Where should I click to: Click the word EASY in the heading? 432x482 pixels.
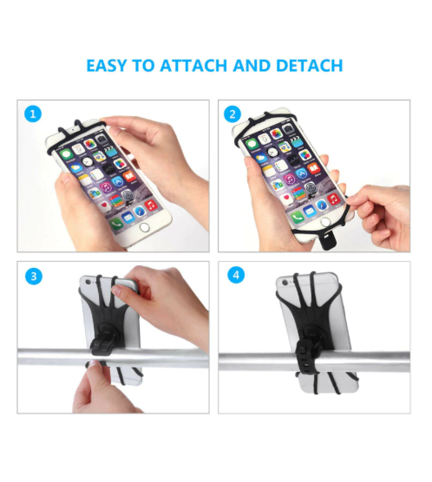(x=107, y=66)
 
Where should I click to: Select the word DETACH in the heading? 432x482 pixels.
(x=309, y=66)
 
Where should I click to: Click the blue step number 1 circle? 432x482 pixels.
(x=33, y=114)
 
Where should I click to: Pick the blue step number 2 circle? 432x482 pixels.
(x=232, y=114)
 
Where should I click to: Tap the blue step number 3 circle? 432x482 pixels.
(x=34, y=276)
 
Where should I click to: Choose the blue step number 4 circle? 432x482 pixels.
(x=236, y=275)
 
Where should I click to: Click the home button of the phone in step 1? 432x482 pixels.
(x=144, y=227)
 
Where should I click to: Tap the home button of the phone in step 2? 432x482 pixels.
(x=324, y=222)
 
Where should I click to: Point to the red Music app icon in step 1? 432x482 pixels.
(x=150, y=205)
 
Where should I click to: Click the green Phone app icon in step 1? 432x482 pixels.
(x=116, y=224)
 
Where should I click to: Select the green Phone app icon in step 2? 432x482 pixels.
(x=297, y=217)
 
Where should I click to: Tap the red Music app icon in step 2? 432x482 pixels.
(x=333, y=199)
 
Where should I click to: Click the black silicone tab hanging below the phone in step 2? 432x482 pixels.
(x=328, y=242)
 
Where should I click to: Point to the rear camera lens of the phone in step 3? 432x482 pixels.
(x=89, y=282)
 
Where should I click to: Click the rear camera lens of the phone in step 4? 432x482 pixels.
(x=285, y=283)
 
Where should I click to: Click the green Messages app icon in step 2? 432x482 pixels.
(x=252, y=144)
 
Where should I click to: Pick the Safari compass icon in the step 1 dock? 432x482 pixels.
(x=140, y=212)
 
